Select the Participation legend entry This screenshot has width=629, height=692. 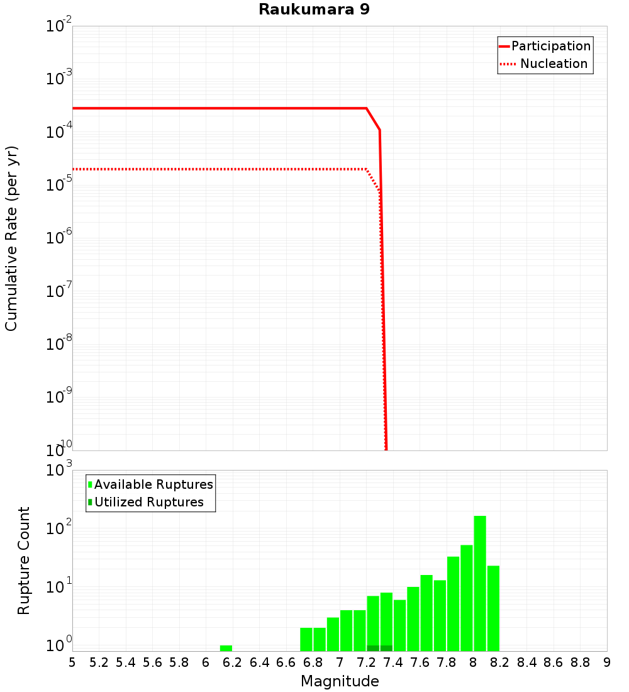550,46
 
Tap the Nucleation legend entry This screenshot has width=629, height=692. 554,64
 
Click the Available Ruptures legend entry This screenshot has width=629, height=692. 153,484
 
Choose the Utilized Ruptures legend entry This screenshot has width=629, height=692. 148,502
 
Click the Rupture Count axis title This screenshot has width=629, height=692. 24,560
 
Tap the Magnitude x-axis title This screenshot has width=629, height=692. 340,681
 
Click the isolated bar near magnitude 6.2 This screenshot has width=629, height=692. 226,648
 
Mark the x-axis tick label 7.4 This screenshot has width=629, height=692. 393,662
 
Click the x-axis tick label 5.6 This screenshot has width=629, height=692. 152,662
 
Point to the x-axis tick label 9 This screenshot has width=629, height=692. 607,662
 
